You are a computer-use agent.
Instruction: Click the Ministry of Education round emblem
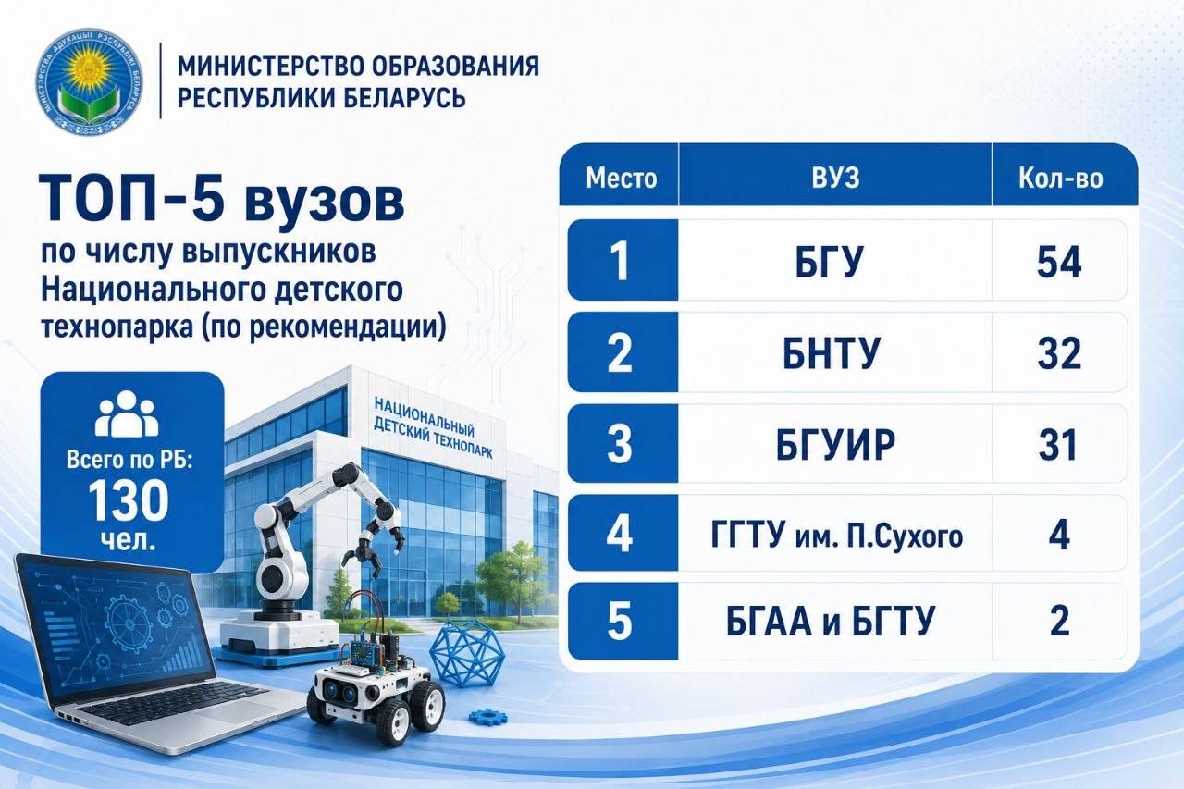[90, 81]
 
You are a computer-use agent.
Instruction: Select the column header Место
[621, 179]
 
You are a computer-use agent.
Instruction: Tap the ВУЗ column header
[835, 178]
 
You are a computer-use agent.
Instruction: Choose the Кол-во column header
[1060, 179]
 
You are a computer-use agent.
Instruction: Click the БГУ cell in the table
[829, 261]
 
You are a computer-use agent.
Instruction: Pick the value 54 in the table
[1059, 262]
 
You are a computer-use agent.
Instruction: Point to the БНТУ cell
[832, 352]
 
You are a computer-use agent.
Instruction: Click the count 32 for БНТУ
[1059, 353]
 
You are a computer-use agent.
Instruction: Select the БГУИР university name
[835, 444]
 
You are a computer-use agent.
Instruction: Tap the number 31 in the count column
[1057, 444]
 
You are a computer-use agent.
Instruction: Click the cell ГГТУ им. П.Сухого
[837, 535]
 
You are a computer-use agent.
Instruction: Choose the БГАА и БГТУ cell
[831, 621]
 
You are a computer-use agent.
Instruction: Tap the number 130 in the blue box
[129, 499]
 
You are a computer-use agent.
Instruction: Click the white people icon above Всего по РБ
[127, 413]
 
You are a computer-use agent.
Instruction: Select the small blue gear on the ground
[487, 717]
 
